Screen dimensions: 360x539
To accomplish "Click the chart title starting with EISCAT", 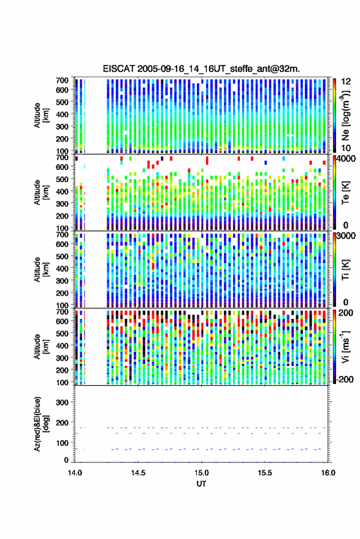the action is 201,69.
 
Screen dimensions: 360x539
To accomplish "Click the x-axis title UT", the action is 201,484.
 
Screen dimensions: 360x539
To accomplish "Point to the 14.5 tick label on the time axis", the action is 138,473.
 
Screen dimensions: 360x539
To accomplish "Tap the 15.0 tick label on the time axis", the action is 201,473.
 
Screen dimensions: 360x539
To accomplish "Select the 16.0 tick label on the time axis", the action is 328,473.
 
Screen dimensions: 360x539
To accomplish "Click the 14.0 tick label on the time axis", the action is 75,473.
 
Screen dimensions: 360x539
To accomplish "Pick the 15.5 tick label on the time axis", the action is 264,473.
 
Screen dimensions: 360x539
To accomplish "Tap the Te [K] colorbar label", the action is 345,192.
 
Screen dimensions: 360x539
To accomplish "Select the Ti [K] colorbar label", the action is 345,270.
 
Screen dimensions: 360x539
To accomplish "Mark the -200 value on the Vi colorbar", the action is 345,379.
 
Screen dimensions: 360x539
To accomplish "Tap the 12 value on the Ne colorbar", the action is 347,82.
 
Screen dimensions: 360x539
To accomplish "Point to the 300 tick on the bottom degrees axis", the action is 62,402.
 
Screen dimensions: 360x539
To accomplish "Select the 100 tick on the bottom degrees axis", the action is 62,443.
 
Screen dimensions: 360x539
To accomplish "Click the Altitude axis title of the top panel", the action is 40,115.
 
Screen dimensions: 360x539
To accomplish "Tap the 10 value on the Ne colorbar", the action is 347,148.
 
